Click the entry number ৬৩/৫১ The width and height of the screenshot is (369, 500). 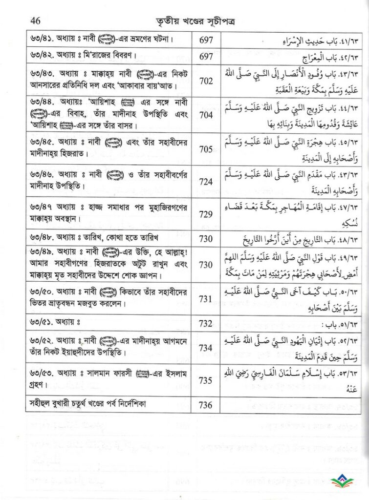coord(41,323)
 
